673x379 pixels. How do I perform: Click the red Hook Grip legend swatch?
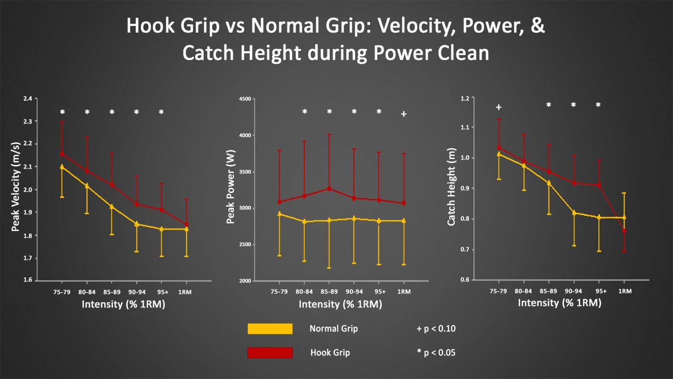tap(270, 353)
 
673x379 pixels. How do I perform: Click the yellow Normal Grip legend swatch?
tap(270, 329)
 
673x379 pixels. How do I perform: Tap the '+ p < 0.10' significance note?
tap(436, 329)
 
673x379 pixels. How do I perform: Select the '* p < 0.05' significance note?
tap(436, 353)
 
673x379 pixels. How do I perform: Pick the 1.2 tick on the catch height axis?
tap(465, 99)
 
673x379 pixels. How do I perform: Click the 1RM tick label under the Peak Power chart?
tap(404, 291)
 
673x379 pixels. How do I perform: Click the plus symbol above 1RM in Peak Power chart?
tap(404, 114)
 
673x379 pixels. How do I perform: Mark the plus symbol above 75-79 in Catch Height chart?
tap(499, 107)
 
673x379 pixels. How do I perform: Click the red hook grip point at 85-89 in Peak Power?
tap(329, 189)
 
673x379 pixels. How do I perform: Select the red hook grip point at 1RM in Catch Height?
tap(624, 231)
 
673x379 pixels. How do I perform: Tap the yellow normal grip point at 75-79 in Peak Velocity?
tap(62, 167)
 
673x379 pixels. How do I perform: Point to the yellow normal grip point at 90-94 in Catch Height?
tap(573, 212)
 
